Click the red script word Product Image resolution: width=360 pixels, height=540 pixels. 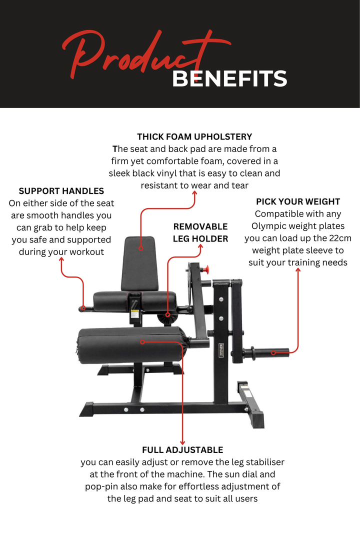tap(145, 55)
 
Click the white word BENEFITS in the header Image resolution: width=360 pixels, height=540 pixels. tap(229, 79)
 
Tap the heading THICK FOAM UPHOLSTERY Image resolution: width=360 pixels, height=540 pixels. tap(194, 136)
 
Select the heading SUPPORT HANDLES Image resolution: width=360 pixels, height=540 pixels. tap(61, 191)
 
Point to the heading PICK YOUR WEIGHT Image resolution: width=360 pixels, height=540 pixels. tap(298, 201)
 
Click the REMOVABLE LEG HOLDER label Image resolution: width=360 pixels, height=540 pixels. tap(200, 232)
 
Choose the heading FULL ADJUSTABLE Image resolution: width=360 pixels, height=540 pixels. tap(182, 449)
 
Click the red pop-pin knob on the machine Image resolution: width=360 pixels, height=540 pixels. tap(203, 270)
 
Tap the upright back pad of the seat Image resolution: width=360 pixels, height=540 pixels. tap(139, 262)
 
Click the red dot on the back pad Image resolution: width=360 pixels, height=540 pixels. tap(141, 247)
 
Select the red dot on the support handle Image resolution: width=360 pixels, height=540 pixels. tap(84, 308)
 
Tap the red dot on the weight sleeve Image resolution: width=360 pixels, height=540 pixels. tap(273, 353)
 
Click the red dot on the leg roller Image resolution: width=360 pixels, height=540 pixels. tap(142, 342)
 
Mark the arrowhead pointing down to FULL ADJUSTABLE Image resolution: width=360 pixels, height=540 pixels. tap(182, 442)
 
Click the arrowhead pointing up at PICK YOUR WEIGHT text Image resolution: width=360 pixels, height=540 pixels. tap(298, 270)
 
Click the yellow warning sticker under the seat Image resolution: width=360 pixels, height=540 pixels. tap(134, 314)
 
